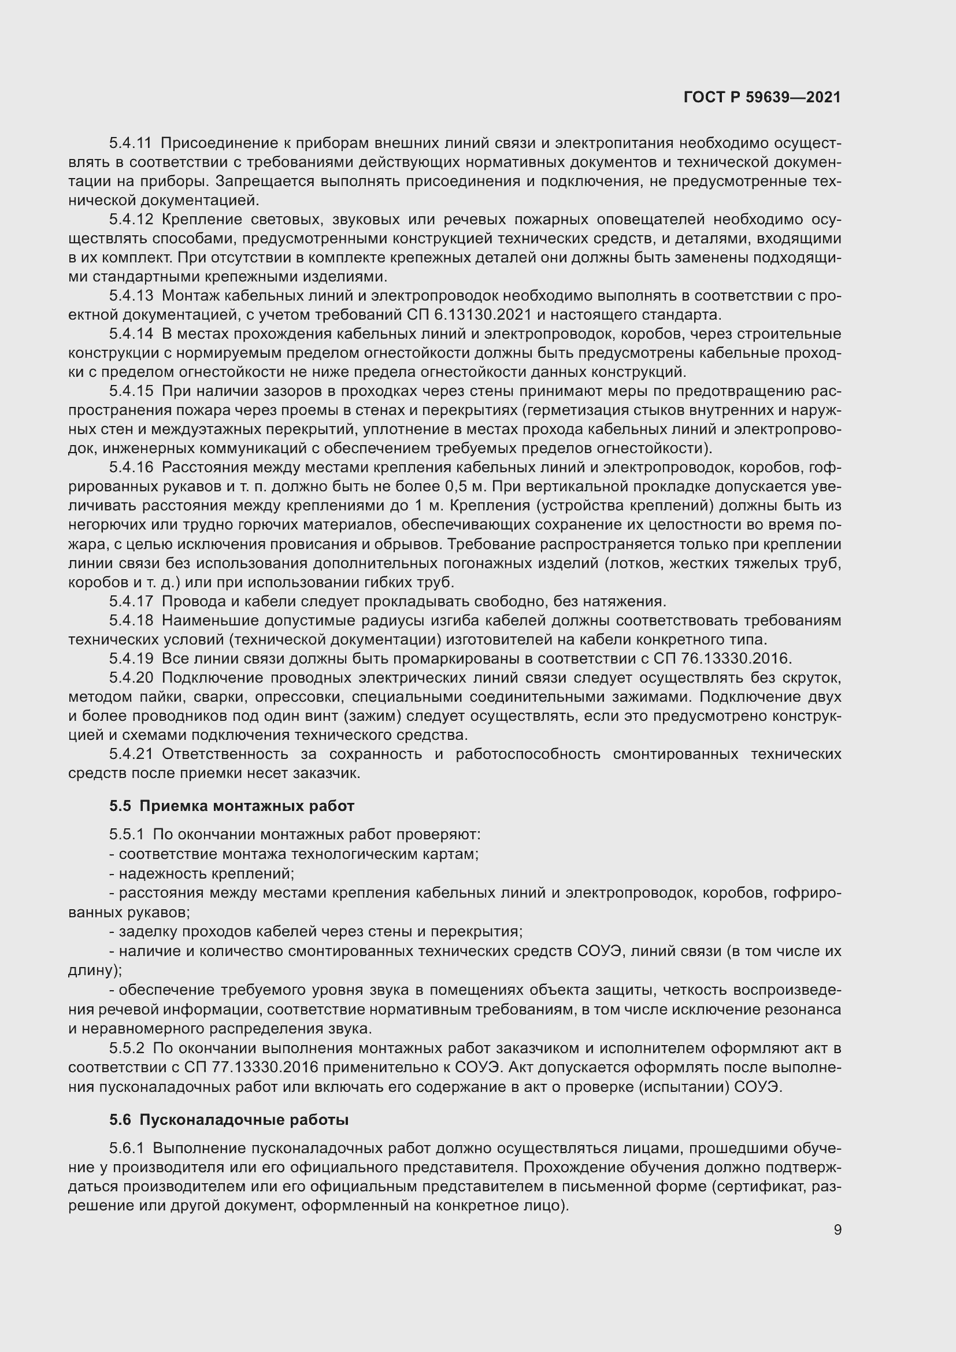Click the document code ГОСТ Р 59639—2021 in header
[x=762, y=97]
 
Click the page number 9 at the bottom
[x=837, y=1230]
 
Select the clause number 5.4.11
[x=130, y=143]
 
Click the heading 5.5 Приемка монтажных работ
[x=231, y=806]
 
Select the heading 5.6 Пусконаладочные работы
[x=228, y=1120]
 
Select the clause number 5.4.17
[x=130, y=601]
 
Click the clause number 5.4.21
[x=130, y=754]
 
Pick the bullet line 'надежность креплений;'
[x=202, y=874]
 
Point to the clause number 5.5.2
[x=126, y=1048]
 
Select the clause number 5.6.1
[x=126, y=1149]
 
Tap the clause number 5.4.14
[x=130, y=334]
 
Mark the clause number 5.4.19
[x=130, y=658]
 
